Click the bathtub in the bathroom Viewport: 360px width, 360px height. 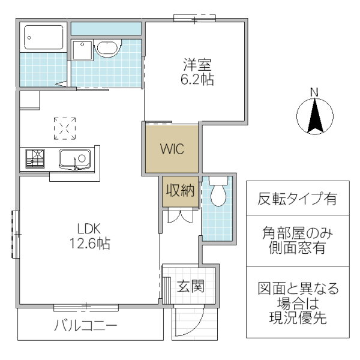click(43, 37)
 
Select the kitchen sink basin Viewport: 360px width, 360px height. click(74, 159)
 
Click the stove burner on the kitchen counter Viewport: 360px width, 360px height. click(35, 158)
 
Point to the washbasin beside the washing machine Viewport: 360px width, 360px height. click(107, 48)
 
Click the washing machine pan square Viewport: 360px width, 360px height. click(82, 50)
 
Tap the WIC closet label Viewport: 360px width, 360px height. click(172, 149)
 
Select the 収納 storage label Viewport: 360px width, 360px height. click(180, 190)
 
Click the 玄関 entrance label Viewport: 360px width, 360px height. click(191, 286)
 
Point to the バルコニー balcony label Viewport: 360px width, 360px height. click(86, 325)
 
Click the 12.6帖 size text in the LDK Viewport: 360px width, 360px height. click(90, 243)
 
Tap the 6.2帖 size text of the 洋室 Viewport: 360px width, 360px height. click(197, 79)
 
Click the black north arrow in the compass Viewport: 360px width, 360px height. click(315, 116)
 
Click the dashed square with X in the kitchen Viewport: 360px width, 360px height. click(65, 128)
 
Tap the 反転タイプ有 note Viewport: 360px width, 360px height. click(298, 199)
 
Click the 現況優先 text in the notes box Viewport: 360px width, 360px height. click(298, 317)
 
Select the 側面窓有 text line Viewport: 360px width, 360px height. click(298, 247)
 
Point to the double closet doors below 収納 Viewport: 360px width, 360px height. click(181, 216)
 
